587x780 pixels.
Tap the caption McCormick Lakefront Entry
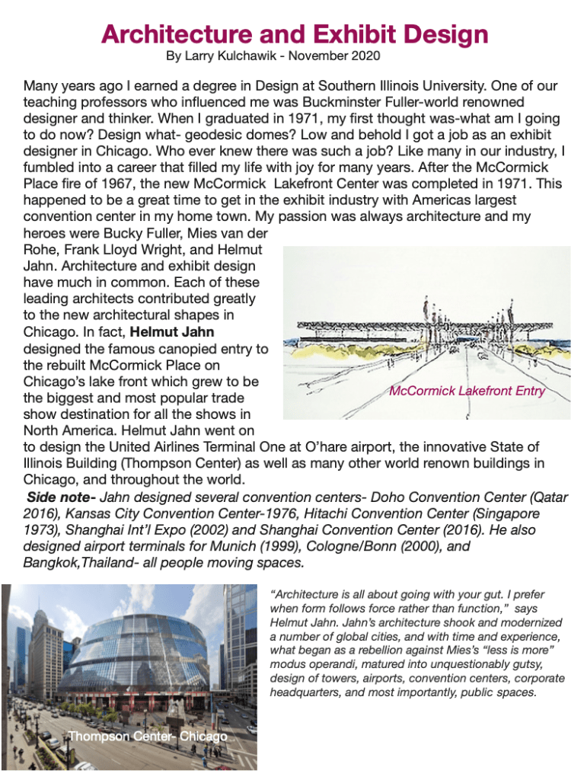coord(467,392)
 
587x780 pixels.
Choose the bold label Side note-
coord(61,497)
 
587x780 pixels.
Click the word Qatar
coord(547,497)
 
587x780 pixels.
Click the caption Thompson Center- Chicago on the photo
coord(148,737)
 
